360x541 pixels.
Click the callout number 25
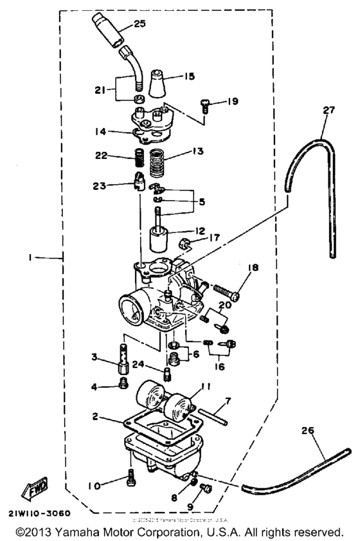(139, 24)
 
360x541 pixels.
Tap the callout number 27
(329, 110)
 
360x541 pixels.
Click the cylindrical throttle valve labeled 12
(159, 240)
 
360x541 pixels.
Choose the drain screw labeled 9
(205, 490)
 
